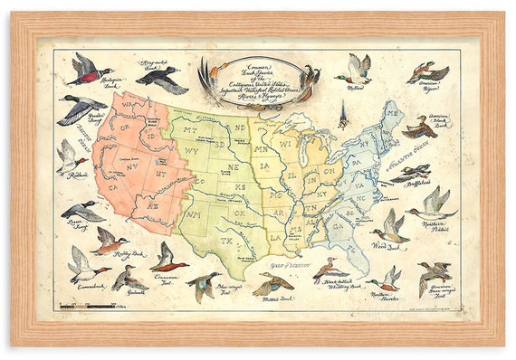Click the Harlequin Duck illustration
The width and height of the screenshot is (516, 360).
pos(91,71)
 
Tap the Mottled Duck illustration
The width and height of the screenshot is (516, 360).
pos(272,286)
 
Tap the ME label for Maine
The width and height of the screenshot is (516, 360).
pos(392,115)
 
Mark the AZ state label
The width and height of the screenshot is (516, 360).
pos(152,207)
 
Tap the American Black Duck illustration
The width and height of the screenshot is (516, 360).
pos(420,128)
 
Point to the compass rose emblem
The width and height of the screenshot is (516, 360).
pos(342,115)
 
